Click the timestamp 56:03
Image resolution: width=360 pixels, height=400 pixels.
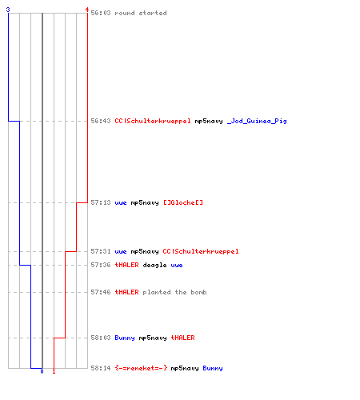(101, 13)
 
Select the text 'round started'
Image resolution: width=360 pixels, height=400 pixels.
(141, 13)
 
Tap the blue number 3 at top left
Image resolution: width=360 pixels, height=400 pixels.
(8, 10)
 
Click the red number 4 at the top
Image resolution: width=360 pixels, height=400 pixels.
(87, 10)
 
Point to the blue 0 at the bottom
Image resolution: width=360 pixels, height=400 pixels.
(42, 371)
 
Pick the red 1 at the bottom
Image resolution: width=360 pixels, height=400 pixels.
(54, 371)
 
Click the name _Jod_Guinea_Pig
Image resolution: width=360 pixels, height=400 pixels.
(257, 121)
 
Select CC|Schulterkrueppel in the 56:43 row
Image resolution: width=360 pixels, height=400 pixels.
(153, 121)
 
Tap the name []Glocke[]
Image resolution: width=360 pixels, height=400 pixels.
(183, 202)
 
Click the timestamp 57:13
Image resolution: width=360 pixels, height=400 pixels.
(101, 202)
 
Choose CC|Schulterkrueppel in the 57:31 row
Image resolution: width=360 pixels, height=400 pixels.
(201, 251)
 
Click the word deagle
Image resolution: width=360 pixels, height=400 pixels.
(154, 265)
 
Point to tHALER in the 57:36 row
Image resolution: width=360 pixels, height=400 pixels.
(126, 265)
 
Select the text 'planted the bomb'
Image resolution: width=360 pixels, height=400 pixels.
(174, 292)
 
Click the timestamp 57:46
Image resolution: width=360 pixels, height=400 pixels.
(101, 292)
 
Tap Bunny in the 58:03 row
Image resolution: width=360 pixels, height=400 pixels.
(125, 338)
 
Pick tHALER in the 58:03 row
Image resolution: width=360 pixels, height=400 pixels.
(182, 338)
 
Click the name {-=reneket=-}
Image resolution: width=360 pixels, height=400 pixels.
(141, 368)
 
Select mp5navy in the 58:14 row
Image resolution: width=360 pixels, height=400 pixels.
(185, 368)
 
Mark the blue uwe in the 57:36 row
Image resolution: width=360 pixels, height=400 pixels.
(177, 266)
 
